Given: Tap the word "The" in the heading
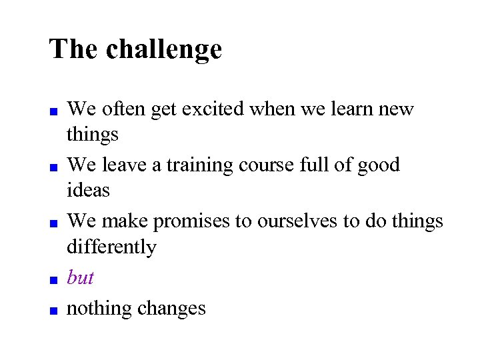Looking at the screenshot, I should [74, 49].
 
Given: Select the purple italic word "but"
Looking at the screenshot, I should [81, 277].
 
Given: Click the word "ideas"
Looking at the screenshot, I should [88, 191].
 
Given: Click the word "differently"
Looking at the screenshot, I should [111, 247].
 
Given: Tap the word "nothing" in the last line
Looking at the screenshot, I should [99, 309].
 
